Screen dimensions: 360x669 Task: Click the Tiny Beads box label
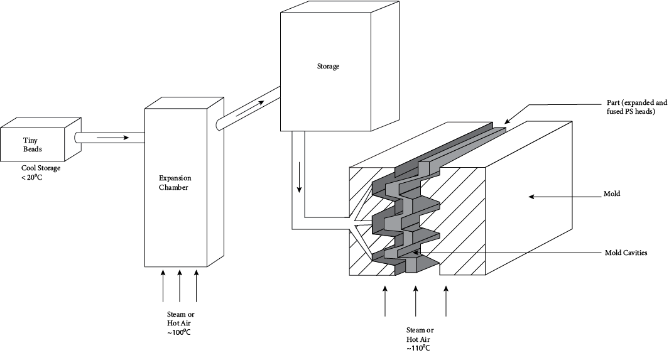click(31, 144)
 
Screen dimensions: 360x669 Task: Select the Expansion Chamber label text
click(173, 183)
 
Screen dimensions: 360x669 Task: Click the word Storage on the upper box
click(327, 66)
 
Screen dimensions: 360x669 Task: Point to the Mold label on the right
click(612, 194)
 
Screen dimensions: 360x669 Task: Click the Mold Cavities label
click(625, 253)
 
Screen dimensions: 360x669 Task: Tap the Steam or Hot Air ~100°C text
click(179, 324)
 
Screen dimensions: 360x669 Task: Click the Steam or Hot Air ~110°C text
click(420, 339)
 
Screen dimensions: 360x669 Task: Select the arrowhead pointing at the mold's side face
click(531, 197)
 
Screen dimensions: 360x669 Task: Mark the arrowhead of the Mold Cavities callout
click(415, 253)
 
